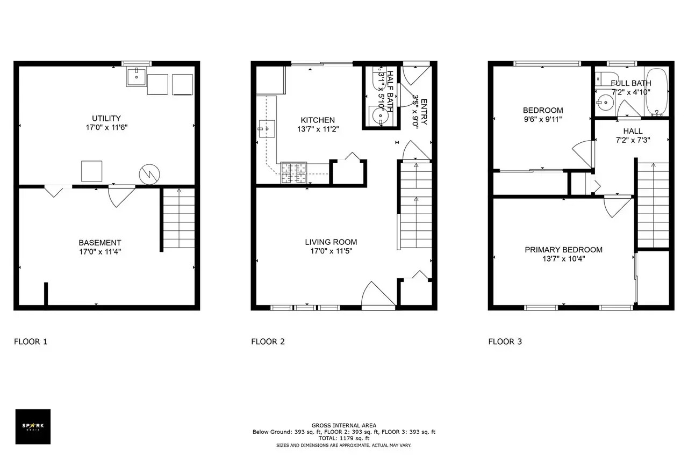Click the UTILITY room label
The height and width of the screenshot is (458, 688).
[x=106, y=118]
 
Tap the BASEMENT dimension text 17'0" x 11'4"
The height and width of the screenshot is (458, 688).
[x=99, y=251]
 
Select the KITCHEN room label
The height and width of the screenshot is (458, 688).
[x=318, y=120]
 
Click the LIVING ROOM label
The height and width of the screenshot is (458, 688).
[x=331, y=242]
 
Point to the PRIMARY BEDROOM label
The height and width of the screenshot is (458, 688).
[x=563, y=250]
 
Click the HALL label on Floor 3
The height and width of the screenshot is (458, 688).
[x=633, y=131]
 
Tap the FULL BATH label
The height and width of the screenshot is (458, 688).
[x=630, y=83]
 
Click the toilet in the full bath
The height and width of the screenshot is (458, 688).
[x=600, y=77]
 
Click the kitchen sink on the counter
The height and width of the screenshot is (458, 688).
[x=266, y=129]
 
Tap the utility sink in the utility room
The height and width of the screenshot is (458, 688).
[x=136, y=77]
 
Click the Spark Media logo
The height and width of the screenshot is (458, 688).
[x=33, y=426]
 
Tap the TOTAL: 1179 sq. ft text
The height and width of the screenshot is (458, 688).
[x=344, y=438]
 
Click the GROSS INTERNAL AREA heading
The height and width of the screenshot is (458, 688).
[x=344, y=425]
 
